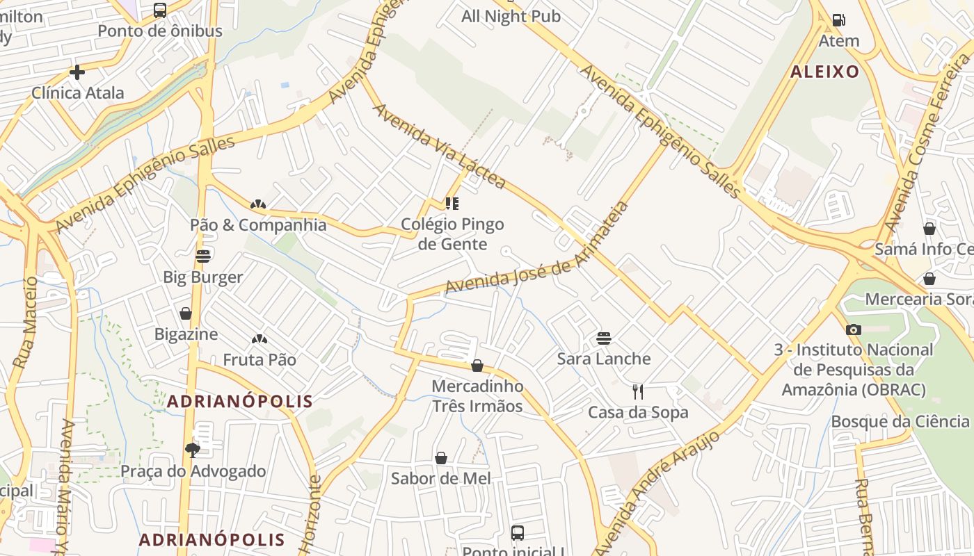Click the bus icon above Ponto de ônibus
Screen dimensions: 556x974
(160, 10)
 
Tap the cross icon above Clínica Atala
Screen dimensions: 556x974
(77, 72)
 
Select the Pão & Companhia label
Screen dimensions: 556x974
(258, 224)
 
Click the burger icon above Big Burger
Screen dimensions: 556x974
(203, 256)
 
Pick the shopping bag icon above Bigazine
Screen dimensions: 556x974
(186, 313)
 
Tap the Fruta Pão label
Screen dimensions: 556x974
(260, 359)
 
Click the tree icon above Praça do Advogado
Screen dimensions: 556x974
(193, 450)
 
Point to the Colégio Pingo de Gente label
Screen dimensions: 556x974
(452, 234)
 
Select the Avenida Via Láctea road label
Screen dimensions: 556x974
(439, 147)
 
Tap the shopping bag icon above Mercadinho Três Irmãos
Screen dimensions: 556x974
(477, 366)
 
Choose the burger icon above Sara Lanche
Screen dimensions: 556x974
(604, 338)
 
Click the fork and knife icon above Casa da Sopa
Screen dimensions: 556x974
(638, 392)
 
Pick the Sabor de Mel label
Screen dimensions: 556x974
(440, 478)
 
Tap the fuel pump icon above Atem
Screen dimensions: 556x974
(839, 20)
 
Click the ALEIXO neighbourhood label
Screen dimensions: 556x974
(825, 72)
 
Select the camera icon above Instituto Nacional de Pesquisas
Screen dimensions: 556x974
(854, 329)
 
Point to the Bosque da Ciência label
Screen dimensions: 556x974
(900, 421)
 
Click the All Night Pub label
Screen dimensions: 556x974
(511, 16)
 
